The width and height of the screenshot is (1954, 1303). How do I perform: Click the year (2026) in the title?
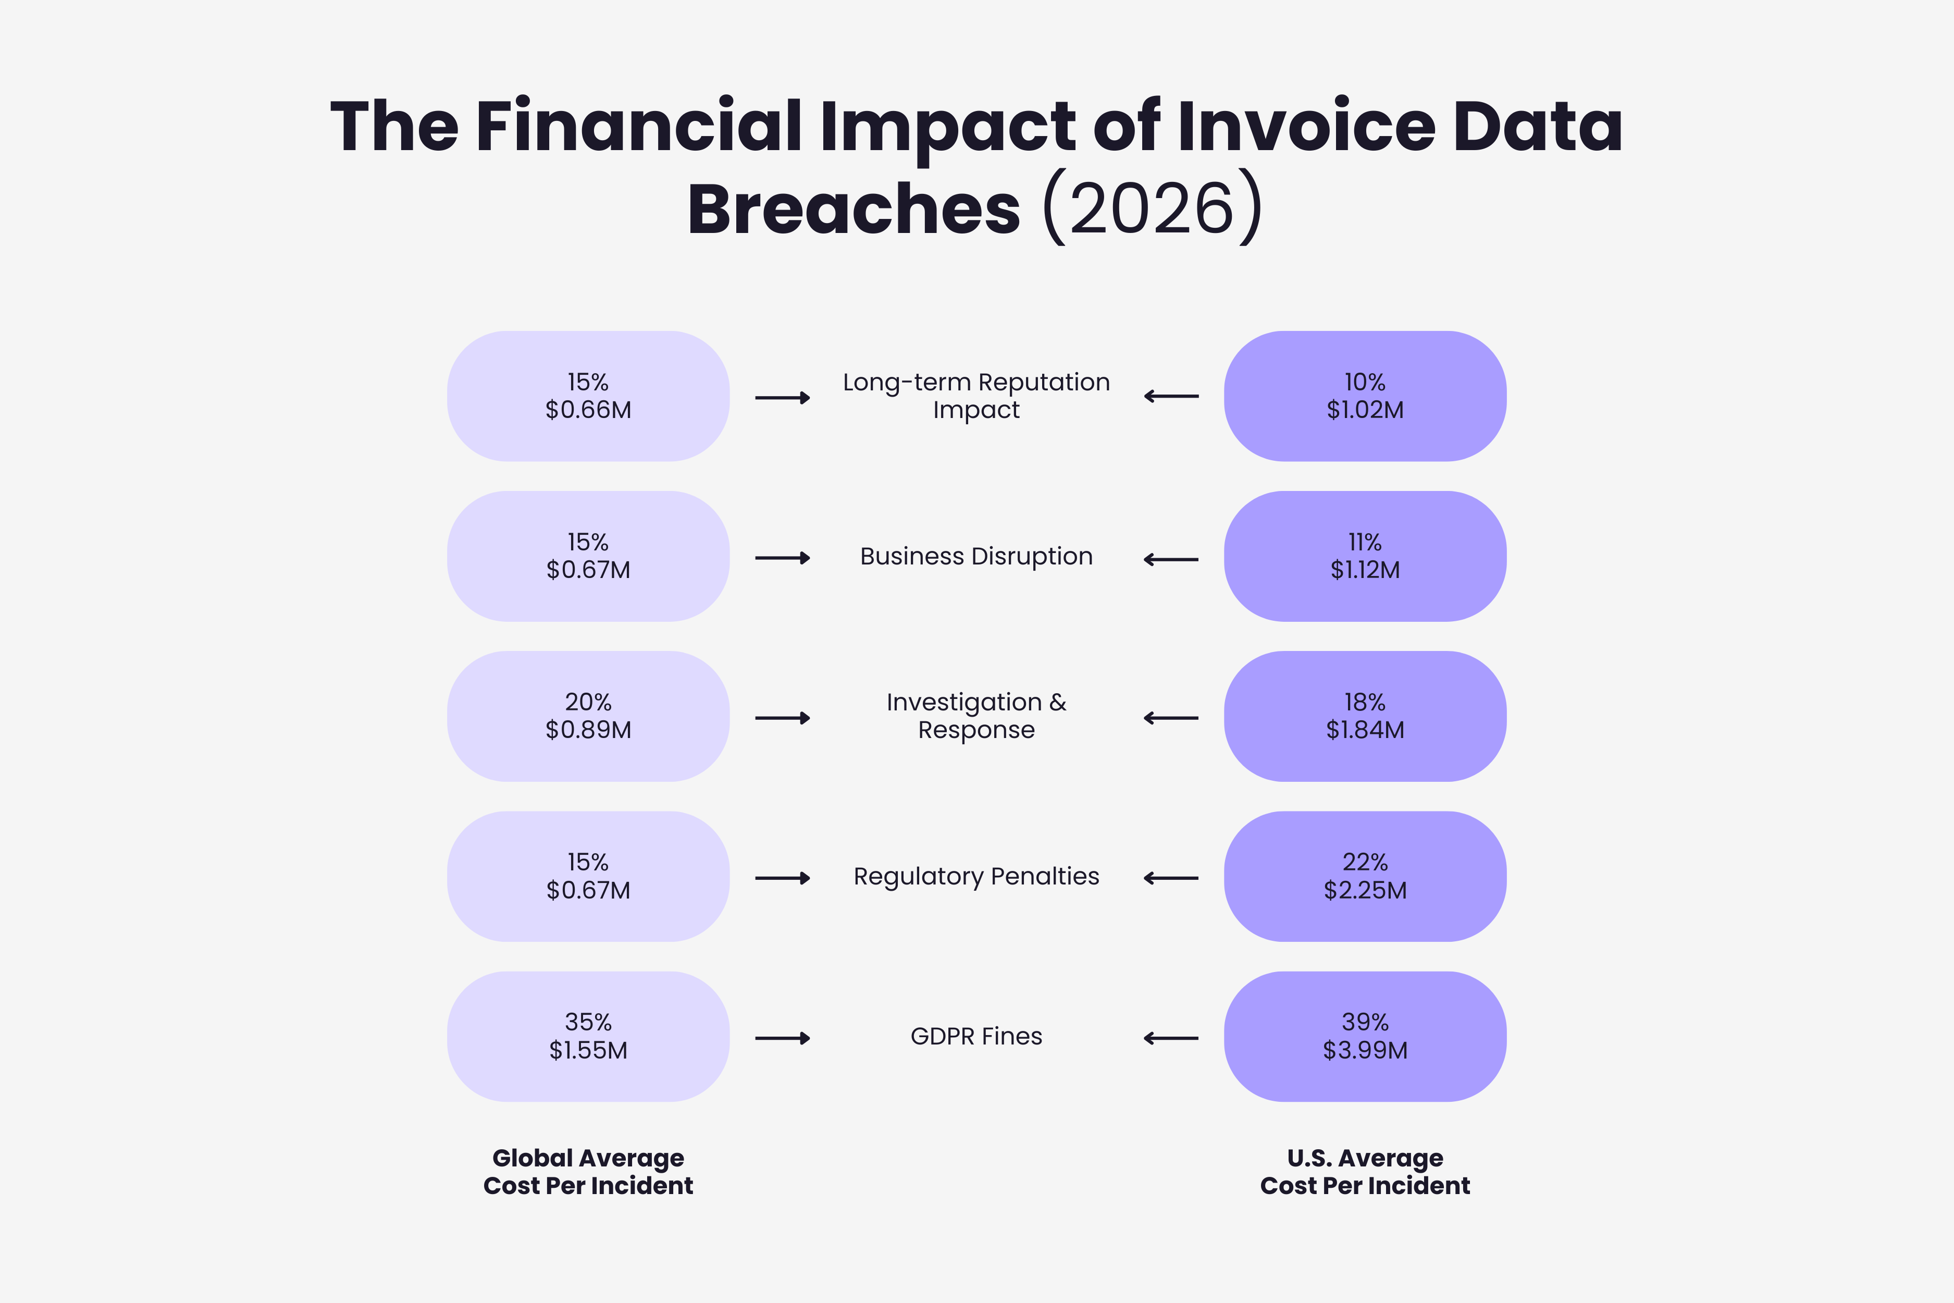click(1152, 208)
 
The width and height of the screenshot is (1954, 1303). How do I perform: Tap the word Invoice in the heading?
click(1306, 126)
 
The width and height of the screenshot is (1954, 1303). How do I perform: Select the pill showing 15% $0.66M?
click(588, 397)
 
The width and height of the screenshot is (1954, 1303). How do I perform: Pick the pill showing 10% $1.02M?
click(1365, 397)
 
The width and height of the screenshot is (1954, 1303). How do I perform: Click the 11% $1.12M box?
click(1365, 556)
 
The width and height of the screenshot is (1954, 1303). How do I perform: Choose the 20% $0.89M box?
click(588, 716)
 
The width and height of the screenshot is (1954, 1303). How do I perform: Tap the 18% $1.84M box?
click(1365, 716)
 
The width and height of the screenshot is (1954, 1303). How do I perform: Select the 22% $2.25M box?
click(1365, 877)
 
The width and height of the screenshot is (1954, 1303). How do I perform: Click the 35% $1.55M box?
click(588, 1036)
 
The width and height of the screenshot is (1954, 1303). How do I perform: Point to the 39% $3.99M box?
click(1365, 1036)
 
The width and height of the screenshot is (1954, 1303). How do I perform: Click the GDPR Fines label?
click(976, 1036)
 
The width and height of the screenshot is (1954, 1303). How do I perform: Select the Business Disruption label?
click(976, 556)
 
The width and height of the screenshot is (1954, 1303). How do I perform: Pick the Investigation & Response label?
click(976, 716)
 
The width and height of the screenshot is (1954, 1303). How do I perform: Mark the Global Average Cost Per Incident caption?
click(588, 1172)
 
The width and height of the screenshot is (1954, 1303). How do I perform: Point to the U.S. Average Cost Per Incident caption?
click(1365, 1172)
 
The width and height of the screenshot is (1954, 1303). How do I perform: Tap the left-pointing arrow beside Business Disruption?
click(1171, 559)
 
